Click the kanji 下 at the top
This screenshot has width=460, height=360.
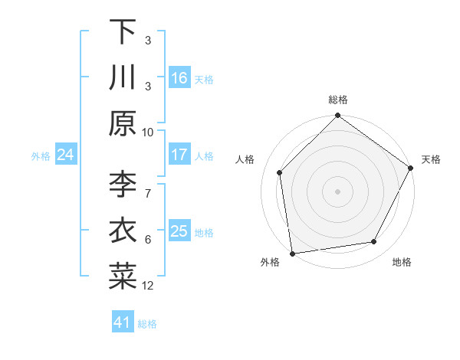[122, 31]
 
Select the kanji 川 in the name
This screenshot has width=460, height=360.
[122, 77]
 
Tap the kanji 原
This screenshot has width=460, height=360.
[122, 123]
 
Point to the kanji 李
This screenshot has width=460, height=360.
[122, 185]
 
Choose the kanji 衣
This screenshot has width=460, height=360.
[122, 231]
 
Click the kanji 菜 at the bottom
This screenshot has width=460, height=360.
[122, 277]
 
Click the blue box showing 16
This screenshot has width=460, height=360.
[179, 78]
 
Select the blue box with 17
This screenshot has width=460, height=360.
[179, 155]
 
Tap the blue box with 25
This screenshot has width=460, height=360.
[179, 231]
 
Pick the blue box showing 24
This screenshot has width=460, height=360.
[65, 155]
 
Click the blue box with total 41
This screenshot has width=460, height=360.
[123, 322]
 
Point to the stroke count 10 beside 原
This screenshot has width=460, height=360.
[148, 132]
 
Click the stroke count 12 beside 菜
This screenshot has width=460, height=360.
[148, 285]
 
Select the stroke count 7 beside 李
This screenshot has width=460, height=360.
[148, 185]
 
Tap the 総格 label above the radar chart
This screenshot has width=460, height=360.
[337, 100]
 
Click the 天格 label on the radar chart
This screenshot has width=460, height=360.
[431, 159]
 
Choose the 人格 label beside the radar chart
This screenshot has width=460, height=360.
[245, 159]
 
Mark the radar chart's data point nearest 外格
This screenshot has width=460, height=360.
[292, 253]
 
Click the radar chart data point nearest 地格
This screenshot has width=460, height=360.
[374, 242]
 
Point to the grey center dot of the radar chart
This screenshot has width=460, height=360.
[337, 191]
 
